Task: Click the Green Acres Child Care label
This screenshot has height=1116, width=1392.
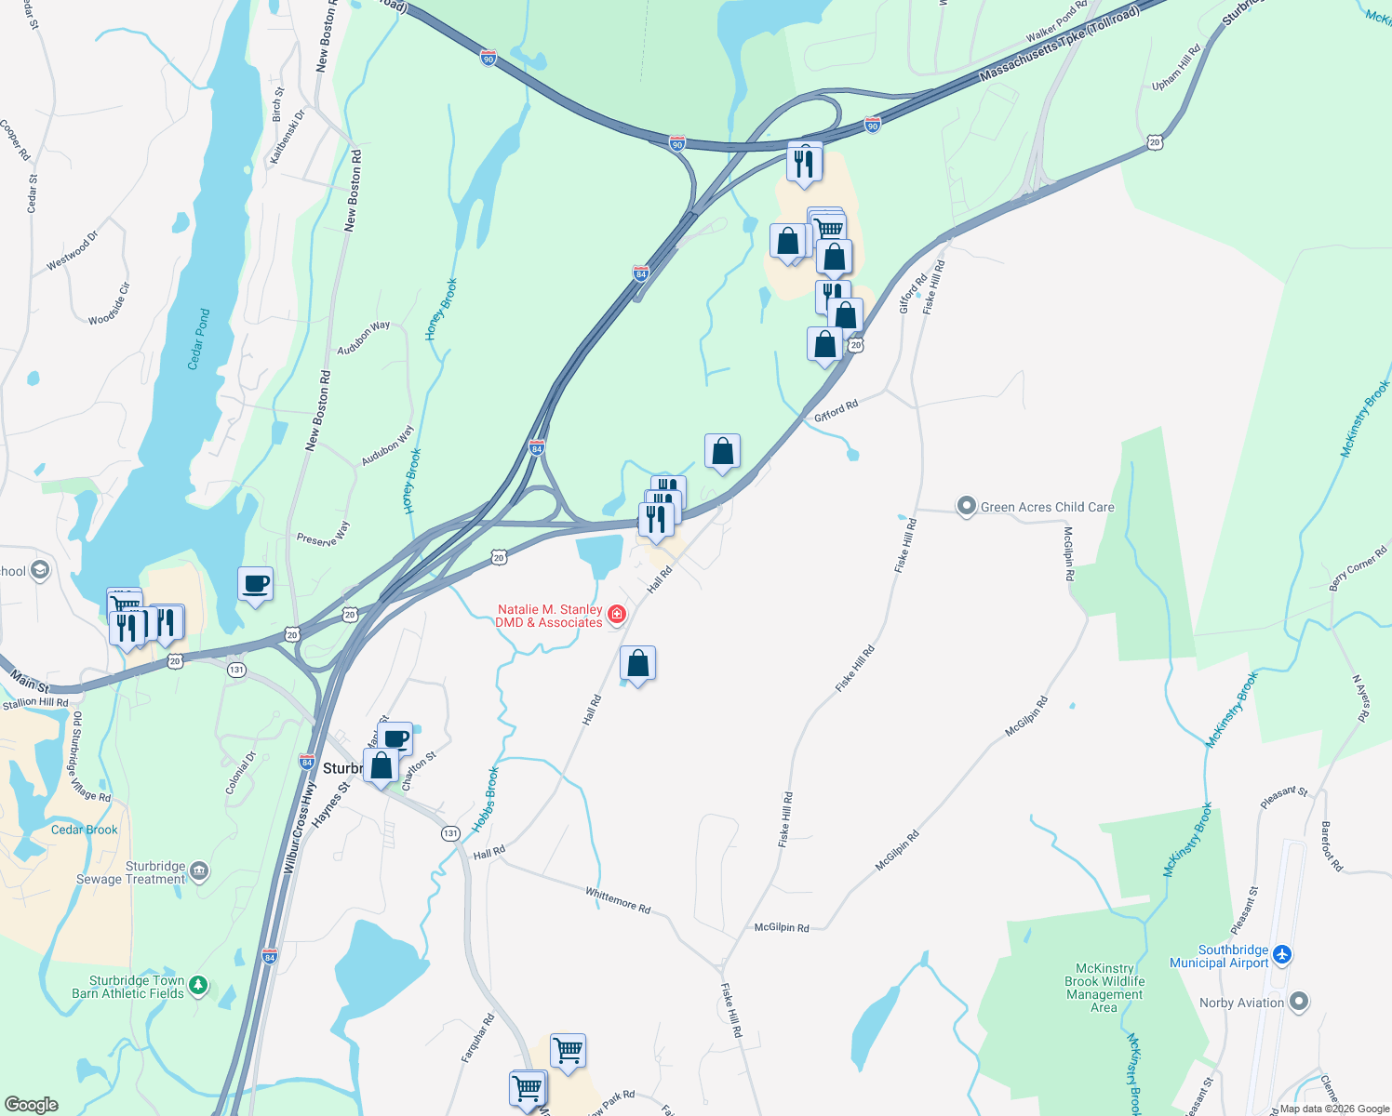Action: click(1047, 507)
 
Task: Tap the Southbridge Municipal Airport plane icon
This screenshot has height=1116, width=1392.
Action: click(1282, 955)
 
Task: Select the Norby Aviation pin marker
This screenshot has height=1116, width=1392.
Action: click(1299, 1003)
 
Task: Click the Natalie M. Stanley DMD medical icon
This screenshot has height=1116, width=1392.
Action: click(616, 615)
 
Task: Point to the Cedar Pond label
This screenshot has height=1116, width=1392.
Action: click(199, 339)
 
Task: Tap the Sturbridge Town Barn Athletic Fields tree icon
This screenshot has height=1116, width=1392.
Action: click(198, 986)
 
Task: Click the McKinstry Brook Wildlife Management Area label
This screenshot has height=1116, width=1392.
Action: click(1104, 988)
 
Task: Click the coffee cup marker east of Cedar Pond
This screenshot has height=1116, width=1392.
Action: click(255, 585)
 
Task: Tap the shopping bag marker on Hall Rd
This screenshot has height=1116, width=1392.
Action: click(637, 664)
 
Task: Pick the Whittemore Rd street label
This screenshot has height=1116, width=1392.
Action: click(618, 899)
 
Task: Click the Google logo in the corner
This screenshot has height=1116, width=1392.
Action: click(31, 1104)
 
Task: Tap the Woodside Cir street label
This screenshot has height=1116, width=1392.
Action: click(110, 304)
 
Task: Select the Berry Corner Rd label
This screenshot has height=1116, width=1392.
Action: click(1358, 569)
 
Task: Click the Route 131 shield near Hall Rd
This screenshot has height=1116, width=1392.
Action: click(450, 833)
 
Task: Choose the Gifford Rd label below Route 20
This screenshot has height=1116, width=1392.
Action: click(836, 410)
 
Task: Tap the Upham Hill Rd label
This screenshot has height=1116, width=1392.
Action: click(1177, 68)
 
